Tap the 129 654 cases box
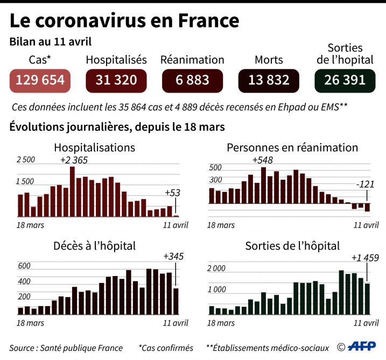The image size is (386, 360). (x=40, y=80)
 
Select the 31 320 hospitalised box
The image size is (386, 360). (x=116, y=80)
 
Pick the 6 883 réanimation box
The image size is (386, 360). (x=192, y=80)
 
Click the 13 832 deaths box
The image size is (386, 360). (x=269, y=80)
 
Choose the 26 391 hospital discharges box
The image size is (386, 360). (x=345, y=80)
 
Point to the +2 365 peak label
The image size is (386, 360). (x=74, y=160)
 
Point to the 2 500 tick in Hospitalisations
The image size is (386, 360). (x=26, y=160)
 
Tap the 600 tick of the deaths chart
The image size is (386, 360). (x=24, y=266)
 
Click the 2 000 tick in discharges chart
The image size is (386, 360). (x=217, y=268)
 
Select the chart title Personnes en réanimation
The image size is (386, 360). (x=292, y=147)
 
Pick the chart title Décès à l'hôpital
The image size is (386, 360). (x=94, y=246)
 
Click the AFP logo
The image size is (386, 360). (x=362, y=347)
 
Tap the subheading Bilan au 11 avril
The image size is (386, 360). (x=51, y=41)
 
